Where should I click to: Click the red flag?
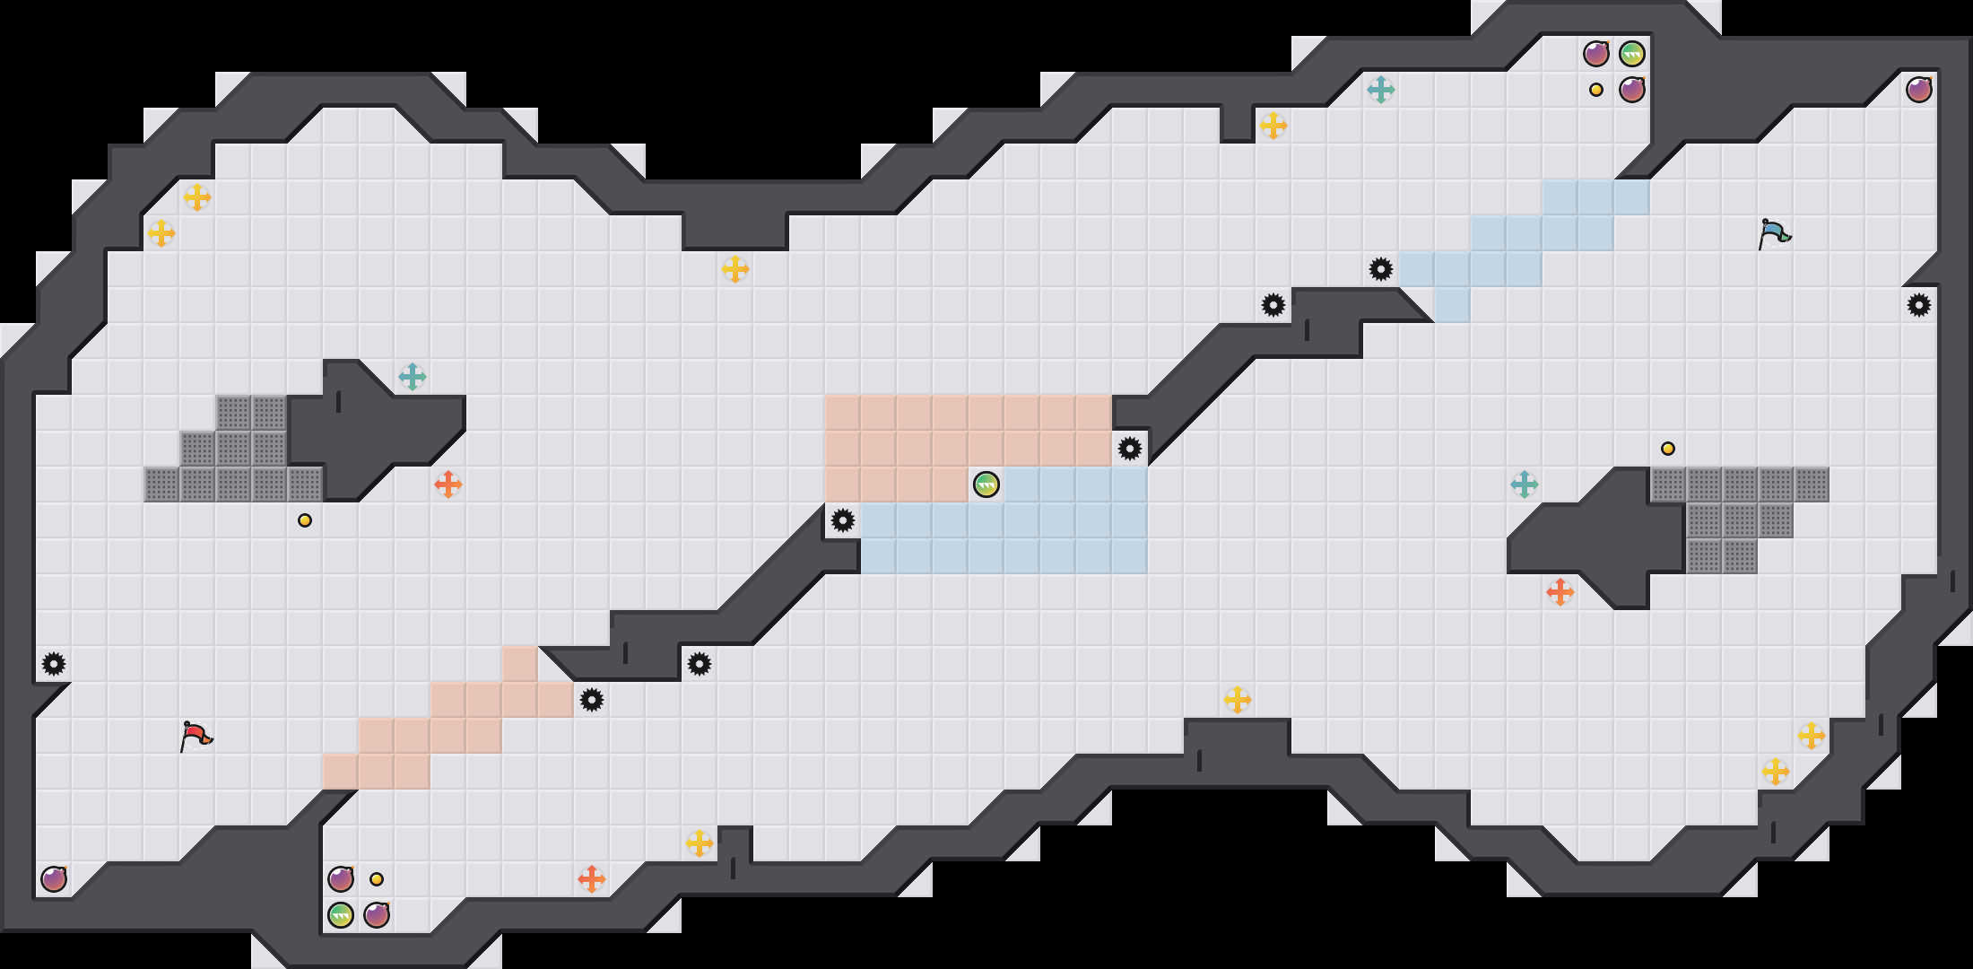pos(196,737)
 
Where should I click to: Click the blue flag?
pos(1774,234)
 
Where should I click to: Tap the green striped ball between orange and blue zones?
pos(986,484)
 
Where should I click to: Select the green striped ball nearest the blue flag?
pos(1632,54)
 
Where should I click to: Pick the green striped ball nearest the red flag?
pos(341,915)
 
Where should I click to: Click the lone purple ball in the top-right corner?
pos(1919,90)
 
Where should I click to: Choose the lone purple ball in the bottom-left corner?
pos(54,879)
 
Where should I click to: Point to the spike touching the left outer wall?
pos(54,664)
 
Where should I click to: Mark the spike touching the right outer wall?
pos(1919,305)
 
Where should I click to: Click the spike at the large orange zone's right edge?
pos(1130,449)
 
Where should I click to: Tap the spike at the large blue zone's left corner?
pos(843,520)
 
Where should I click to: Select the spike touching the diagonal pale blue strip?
pos(1381,269)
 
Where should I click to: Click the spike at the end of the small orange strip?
pos(592,700)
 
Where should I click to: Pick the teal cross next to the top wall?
pos(1381,90)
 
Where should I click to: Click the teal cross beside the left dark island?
pos(413,377)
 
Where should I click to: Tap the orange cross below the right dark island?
pos(1560,592)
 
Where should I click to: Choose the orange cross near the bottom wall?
pos(592,879)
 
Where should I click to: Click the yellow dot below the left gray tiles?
pos(305,520)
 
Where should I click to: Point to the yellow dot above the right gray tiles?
pos(1668,449)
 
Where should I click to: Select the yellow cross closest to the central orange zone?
pos(735,269)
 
